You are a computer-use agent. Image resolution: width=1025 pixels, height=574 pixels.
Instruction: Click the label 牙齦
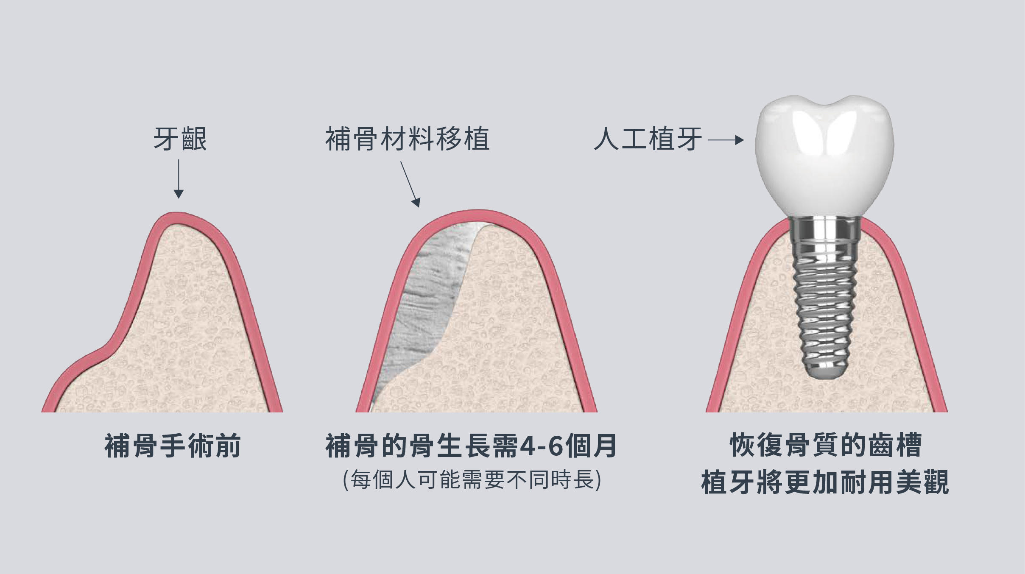180,139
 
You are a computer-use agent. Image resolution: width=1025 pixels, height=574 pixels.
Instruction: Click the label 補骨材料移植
407,139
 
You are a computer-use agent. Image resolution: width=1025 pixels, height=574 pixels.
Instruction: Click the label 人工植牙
648,139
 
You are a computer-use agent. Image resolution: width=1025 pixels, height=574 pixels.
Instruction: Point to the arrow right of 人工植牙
726,140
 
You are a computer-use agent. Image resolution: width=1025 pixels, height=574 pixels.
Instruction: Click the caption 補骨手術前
173,446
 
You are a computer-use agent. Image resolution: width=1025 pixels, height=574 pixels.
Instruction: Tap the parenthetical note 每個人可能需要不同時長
472,480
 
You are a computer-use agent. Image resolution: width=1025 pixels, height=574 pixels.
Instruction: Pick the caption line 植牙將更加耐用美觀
825,482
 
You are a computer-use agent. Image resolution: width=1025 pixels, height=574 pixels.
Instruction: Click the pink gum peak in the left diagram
176,217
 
